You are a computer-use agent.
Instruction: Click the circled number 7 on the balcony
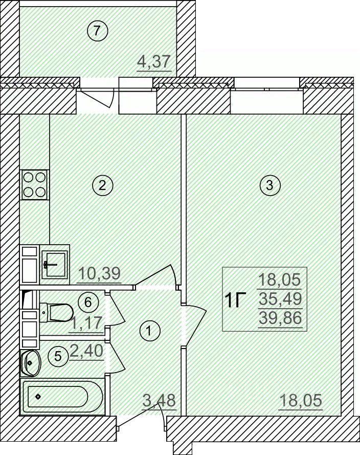pyautogui.click(x=97, y=30)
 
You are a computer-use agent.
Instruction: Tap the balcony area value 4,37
pyautogui.click(x=154, y=61)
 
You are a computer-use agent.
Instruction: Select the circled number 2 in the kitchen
pyautogui.click(x=102, y=185)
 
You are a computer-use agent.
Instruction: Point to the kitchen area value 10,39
pyautogui.click(x=99, y=273)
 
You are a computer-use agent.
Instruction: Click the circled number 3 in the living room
pyautogui.click(x=270, y=185)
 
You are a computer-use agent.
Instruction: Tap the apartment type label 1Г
pyautogui.click(x=235, y=300)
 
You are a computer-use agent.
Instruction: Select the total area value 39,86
pyautogui.click(x=280, y=318)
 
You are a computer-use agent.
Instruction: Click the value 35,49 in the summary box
pyautogui.click(x=280, y=298)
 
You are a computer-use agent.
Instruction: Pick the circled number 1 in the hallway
pyautogui.click(x=149, y=331)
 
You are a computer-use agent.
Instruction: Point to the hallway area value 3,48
pyautogui.click(x=160, y=401)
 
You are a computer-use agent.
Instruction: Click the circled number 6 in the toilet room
pyautogui.click(x=88, y=302)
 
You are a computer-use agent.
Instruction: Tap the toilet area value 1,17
pyautogui.click(x=86, y=322)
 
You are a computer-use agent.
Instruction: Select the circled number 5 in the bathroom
pyautogui.click(x=58, y=356)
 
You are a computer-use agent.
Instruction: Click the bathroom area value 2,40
pyautogui.click(x=86, y=351)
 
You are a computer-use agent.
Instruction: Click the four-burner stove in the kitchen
pyautogui.click(x=34, y=185)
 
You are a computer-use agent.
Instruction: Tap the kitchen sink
pyautogui.click(x=55, y=265)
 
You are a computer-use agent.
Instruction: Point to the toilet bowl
pyautogui.click(x=56, y=312)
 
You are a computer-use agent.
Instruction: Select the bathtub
pyautogui.click(x=62, y=396)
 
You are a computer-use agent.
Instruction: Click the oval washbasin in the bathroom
pyautogui.click(x=31, y=363)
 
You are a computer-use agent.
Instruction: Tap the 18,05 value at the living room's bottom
pyautogui.click(x=301, y=401)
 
